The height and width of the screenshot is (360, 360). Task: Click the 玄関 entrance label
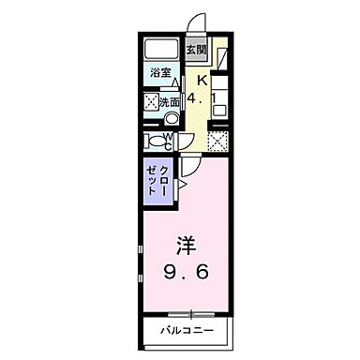point(194,50)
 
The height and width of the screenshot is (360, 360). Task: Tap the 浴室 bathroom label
point(160,71)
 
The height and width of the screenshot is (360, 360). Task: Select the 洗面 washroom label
point(170,102)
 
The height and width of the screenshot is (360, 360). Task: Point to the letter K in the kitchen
point(200,80)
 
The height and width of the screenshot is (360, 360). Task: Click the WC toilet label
point(168,142)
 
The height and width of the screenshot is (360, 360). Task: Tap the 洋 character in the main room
point(184,247)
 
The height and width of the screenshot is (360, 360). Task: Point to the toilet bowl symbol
point(153,142)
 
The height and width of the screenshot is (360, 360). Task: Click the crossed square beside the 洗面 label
point(151,102)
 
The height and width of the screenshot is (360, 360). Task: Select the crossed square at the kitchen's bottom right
point(217,142)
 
